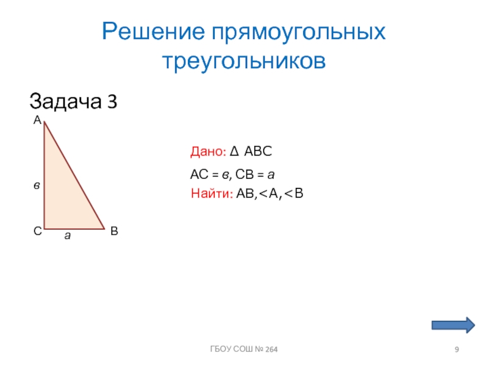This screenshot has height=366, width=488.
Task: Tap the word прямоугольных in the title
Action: click(x=299, y=32)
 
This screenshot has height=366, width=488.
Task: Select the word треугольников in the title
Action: click(x=244, y=61)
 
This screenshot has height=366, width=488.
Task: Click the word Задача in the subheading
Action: click(x=64, y=101)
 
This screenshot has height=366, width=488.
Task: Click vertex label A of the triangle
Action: click(x=37, y=121)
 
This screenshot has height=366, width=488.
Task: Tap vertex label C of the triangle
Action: click(x=37, y=232)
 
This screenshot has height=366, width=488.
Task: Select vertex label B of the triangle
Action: click(x=114, y=232)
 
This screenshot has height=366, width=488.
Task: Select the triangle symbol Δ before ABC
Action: click(x=235, y=151)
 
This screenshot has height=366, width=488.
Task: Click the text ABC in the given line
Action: click(x=257, y=151)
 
